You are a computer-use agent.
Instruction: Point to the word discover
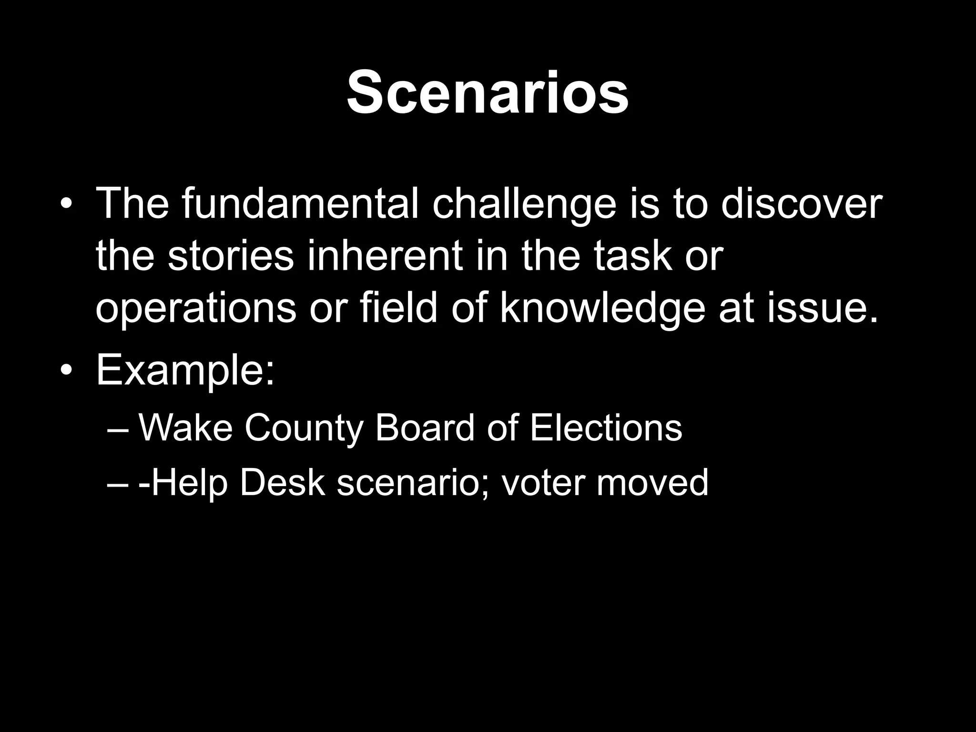click(x=801, y=204)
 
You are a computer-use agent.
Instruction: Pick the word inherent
click(x=385, y=256)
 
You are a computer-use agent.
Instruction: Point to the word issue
click(x=822, y=308)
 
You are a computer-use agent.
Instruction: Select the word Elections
click(x=606, y=427)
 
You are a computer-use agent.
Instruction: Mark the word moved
click(x=652, y=482)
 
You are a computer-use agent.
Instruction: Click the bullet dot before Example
click(x=68, y=371)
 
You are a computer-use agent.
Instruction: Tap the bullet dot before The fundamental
click(x=68, y=204)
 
